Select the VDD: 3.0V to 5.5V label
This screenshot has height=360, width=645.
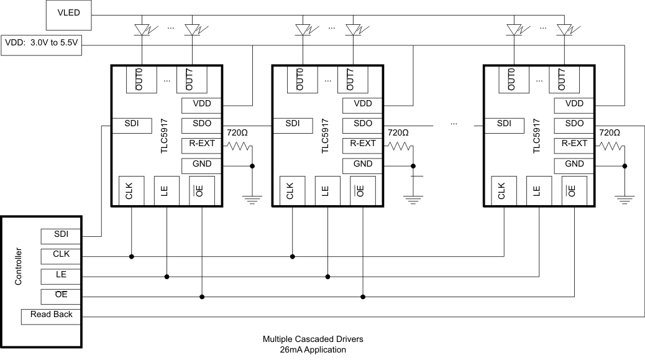41,44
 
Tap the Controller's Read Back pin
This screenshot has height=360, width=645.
52,315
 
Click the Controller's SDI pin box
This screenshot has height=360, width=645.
62,236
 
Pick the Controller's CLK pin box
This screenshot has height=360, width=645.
62,255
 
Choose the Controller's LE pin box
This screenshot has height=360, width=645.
62,275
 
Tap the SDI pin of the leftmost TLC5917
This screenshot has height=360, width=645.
131,124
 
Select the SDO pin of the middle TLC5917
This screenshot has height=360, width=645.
362,124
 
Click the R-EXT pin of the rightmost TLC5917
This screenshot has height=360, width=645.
574,144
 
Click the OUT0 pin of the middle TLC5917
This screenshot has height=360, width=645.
300,80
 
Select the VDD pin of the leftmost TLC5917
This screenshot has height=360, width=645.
201,104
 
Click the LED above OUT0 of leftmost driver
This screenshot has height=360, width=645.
142,29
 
